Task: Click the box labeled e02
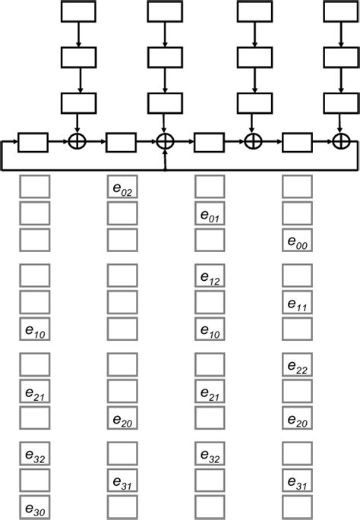122,188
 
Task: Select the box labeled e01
210,215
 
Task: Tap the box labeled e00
297,241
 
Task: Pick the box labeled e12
210,276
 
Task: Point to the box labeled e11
297,303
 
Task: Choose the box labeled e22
297,365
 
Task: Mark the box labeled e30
34,508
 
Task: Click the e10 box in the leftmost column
34,329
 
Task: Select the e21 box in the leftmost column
34,392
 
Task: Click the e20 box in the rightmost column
297,418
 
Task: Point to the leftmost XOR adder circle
77,141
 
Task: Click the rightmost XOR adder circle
341,141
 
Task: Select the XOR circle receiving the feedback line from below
165,141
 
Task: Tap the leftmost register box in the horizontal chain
33,141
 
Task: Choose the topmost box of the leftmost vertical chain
77,12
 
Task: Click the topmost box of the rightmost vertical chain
341,12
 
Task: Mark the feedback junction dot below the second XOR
165,169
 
